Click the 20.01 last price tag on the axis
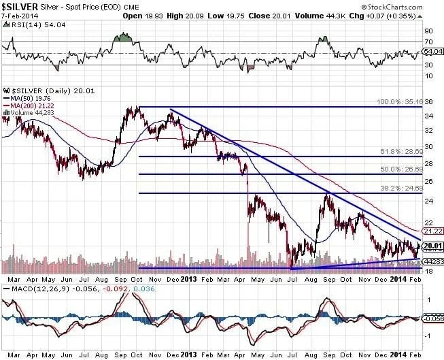click(x=432, y=246)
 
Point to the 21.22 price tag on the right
click(x=432, y=231)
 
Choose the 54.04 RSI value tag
click(x=432, y=51)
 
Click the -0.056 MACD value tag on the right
click(x=432, y=317)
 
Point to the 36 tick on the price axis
click(x=428, y=103)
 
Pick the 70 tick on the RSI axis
click(x=428, y=42)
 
